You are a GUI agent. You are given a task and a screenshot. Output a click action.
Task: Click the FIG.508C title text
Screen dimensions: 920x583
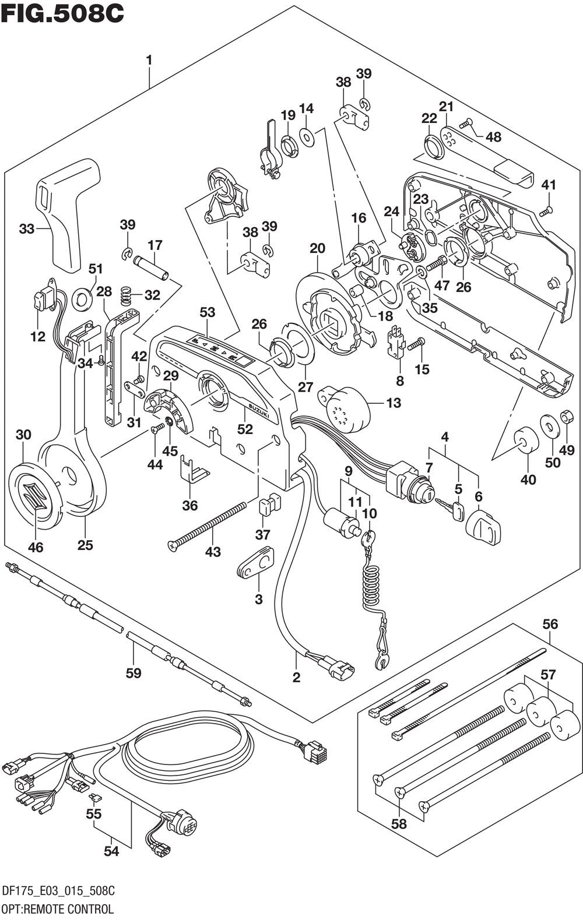pyautogui.click(x=62, y=13)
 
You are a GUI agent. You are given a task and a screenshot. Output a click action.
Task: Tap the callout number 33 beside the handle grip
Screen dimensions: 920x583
pyautogui.click(x=27, y=229)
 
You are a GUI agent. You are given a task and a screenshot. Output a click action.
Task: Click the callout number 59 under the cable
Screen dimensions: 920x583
pyautogui.click(x=134, y=674)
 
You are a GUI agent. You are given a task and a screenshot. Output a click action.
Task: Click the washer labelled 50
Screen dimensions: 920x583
pyautogui.click(x=549, y=426)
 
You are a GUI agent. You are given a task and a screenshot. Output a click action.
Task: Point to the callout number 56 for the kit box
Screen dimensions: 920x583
pyautogui.click(x=550, y=624)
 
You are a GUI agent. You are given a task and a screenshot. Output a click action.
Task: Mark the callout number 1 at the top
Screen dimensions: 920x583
pyautogui.click(x=149, y=60)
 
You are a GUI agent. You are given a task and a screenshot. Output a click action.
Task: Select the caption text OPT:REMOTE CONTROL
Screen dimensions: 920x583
pyautogui.click(x=58, y=909)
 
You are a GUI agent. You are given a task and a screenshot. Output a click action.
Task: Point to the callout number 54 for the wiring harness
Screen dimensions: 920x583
pyautogui.click(x=111, y=851)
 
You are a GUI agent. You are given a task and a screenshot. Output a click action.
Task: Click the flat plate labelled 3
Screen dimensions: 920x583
pyautogui.click(x=256, y=562)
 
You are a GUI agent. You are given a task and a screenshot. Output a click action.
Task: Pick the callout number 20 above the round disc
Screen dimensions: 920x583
pyautogui.click(x=317, y=249)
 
